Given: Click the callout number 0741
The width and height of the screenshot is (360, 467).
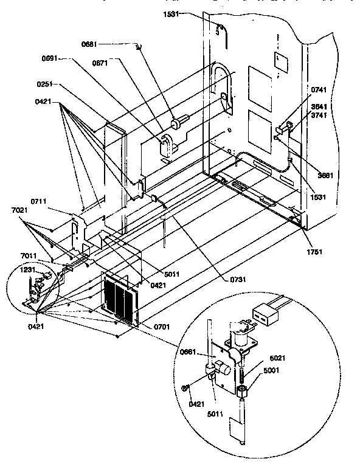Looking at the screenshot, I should click(x=319, y=90).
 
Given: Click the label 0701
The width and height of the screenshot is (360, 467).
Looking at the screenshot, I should click(x=162, y=327).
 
